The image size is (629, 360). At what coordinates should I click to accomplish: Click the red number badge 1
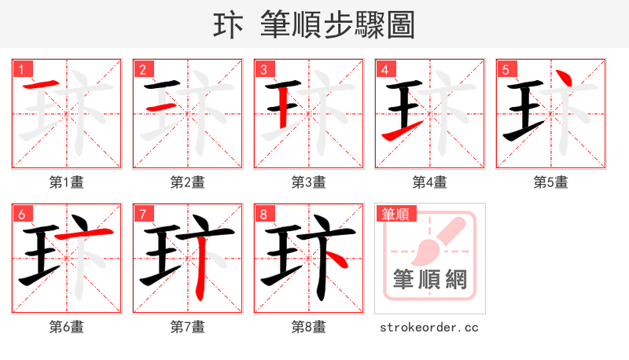point(21,70)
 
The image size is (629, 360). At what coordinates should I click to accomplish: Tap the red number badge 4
point(384,70)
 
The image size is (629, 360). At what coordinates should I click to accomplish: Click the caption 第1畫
point(66,182)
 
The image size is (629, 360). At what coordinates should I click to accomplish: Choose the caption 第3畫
point(308,182)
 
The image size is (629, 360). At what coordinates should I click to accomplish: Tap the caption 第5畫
point(550,182)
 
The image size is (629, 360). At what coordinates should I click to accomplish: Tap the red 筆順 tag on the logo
point(395,213)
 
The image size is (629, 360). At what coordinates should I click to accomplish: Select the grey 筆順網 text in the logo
point(429,278)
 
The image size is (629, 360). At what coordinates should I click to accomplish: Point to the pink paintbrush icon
point(435,241)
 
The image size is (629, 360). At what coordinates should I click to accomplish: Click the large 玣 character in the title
point(227,26)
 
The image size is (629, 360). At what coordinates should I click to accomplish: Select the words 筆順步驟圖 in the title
point(340,26)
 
